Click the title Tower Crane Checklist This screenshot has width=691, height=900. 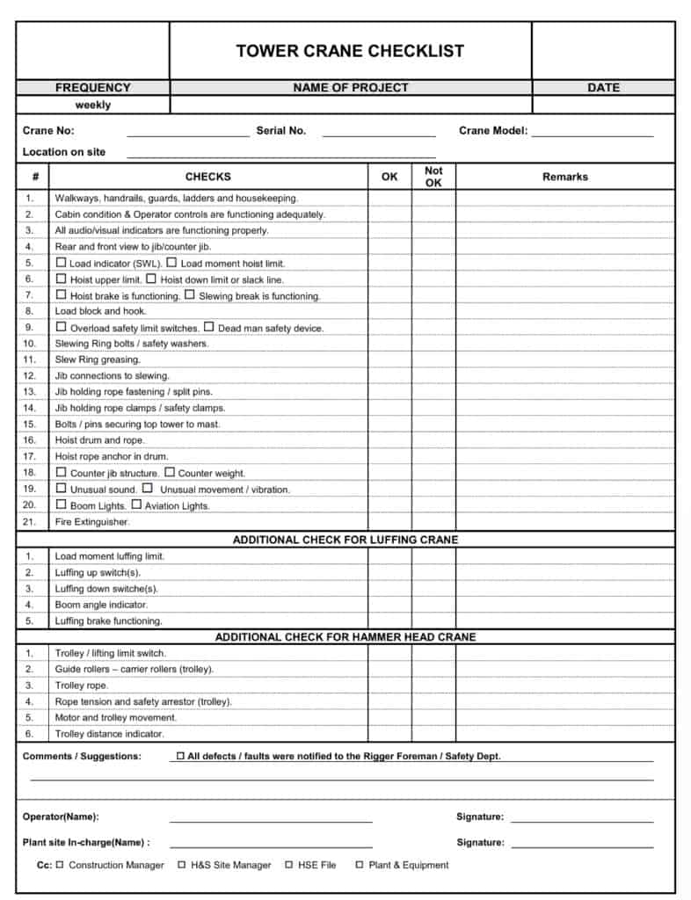point(350,51)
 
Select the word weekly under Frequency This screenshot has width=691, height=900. point(93,105)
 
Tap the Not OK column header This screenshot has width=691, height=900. point(433,177)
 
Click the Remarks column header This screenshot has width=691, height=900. point(564,177)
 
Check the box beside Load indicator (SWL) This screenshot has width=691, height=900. point(61,263)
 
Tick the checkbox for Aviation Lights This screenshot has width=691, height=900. point(136,505)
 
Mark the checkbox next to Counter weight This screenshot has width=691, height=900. point(170,473)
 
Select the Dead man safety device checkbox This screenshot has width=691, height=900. point(209,328)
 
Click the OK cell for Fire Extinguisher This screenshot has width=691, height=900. point(389,522)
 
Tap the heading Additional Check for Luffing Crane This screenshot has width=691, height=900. point(345,540)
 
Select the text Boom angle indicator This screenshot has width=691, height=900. point(101,605)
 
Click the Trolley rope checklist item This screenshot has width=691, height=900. point(82,686)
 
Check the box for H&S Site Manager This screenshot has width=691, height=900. point(182,865)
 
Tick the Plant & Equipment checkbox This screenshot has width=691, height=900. point(359,865)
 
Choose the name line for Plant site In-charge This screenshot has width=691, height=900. point(271,845)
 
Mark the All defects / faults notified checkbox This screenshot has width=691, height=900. point(180,756)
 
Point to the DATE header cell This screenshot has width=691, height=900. point(603,88)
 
